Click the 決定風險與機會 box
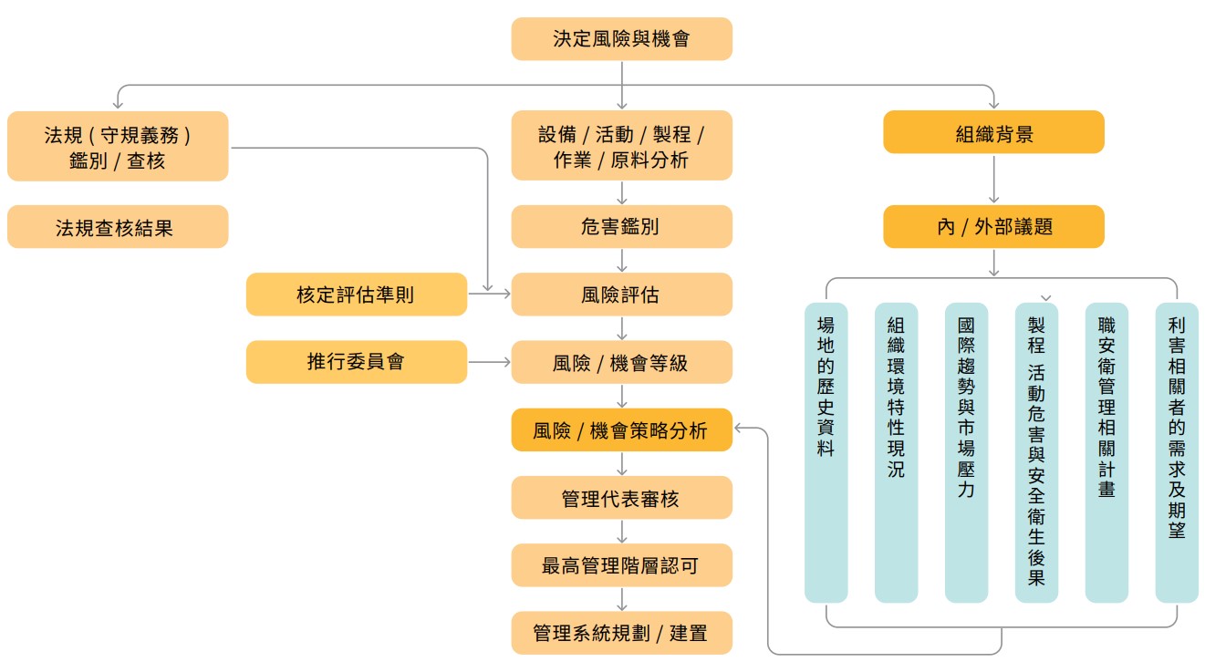[x=621, y=39]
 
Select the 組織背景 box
[x=993, y=132]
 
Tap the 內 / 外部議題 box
[x=993, y=227]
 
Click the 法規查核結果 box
[x=118, y=227]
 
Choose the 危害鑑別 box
[x=621, y=227]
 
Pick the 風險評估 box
[x=621, y=295]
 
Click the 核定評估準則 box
[x=356, y=295]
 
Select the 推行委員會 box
[x=356, y=362]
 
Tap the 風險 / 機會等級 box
[x=621, y=362]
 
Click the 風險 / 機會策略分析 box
[x=621, y=429]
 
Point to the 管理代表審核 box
[x=621, y=498]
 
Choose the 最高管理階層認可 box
[x=621, y=565]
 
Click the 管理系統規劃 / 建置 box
[x=621, y=633]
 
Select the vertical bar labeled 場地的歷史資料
[x=826, y=452]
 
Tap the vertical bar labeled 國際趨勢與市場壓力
[x=966, y=452]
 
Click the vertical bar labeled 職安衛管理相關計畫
[x=1106, y=452]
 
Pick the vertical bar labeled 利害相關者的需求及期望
[x=1177, y=452]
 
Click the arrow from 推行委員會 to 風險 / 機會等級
[x=489, y=362]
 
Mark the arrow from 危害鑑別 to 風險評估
[x=621, y=261]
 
